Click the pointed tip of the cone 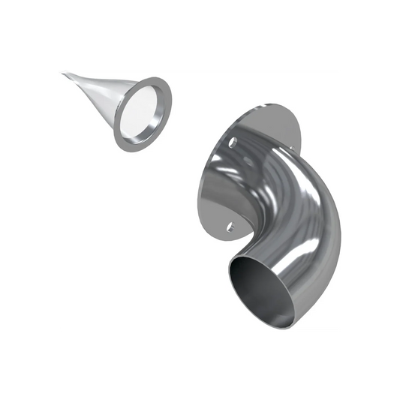click(65, 73)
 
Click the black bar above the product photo click(200, 34)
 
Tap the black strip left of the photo click(28, 200)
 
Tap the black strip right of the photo click(371, 200)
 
